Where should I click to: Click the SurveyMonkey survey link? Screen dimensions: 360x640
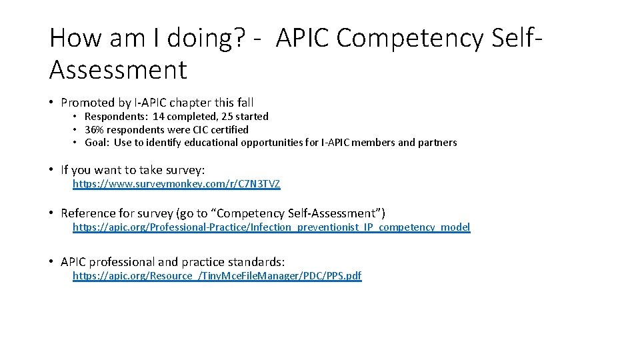[x=176, y=184]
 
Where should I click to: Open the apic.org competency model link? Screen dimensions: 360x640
[x=271, y=227]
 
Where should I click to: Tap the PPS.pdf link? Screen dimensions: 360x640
[x=217, y=276]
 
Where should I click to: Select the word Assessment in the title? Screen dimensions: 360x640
[x=118, y=68]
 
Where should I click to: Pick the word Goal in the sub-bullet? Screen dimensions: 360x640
[x=97, y=142]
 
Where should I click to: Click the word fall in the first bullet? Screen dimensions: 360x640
[x=243, y=103]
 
